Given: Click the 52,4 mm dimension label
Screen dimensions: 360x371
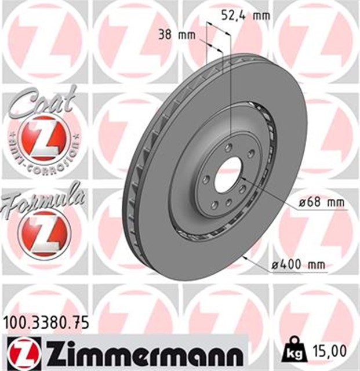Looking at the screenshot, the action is (245, 16).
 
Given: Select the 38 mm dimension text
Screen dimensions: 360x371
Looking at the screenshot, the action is (177, 35).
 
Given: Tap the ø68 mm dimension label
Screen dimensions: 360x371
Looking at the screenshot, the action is (321, 202).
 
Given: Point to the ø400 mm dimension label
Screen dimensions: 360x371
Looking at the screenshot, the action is (299, 264).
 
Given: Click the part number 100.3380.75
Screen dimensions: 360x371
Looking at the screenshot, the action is (46, 323).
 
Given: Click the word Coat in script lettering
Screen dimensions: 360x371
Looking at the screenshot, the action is (43, 101).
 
